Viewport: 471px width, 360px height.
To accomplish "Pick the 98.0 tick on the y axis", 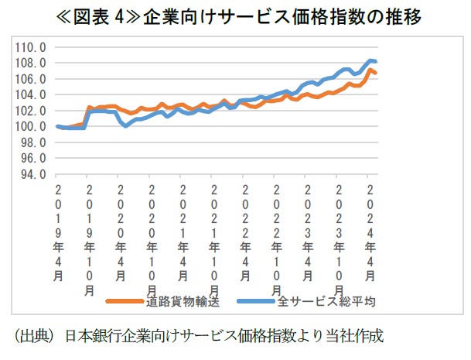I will click(34, 142).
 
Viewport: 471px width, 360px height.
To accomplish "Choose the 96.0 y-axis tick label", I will click(34, 159).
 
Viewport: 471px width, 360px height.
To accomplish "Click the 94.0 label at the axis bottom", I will click(34, 175).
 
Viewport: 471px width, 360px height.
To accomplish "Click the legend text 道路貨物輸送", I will click(185, 302).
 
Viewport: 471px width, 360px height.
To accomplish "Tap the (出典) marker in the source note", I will click(35, 337).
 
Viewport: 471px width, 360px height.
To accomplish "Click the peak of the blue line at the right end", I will click(371, 60).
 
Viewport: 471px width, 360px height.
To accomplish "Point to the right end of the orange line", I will click(376, 73).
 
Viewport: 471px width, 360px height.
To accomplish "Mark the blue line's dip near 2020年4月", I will click(125, 125).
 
